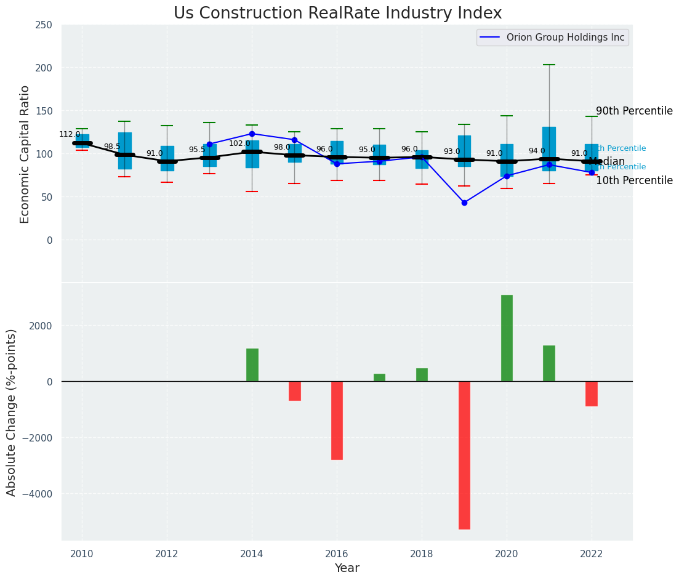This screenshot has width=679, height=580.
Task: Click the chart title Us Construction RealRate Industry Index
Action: tap(337, 14)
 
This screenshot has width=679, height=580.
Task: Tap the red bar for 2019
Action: tap(464, 455)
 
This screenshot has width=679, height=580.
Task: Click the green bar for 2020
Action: tap(507, 338)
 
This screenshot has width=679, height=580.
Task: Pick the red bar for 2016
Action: tap(337, 421)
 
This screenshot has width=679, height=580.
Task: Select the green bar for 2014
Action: tap(252, 365)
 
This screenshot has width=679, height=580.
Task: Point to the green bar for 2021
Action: tap(549, 363)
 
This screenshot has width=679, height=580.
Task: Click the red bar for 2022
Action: tap(592, 393)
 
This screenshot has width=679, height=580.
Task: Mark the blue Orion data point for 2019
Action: tap(464, 203)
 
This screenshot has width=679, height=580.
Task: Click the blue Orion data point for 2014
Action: tap(252, 134)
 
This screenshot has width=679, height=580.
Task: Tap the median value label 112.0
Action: tap(70, 134)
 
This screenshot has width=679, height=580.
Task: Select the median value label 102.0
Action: tap(239, 143)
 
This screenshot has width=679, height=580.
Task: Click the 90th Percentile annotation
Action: tap(634, 111)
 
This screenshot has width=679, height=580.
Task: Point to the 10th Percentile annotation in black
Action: tap(634, 180)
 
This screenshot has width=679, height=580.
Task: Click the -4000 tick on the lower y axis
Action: tap(36, 494)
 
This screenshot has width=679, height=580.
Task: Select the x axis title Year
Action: tap(347, 568)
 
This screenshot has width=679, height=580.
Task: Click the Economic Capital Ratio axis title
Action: tap(25, 154)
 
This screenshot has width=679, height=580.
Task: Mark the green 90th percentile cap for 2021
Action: tap(549, 65)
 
